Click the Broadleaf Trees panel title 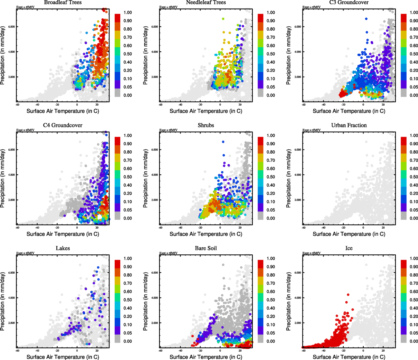(x=63, y=2)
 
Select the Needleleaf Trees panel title (x=206, y=2)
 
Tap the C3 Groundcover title (x=349, y=2)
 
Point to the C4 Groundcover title (x=63, y=125)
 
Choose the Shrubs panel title (x=206, y=125)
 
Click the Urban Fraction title (x=349, y=125)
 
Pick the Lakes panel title (x=63, y=248)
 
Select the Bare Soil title (x=206, y=248)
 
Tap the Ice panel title (x=349, y=248)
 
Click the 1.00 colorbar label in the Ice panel (x=414, y=258)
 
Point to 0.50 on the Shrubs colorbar (x=271, y=177)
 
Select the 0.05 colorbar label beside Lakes (x=128, y=333)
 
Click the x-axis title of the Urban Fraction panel (x=349, y=234)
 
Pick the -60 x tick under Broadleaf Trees (x=17, y=105)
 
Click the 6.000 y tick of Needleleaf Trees (x=155, y=27)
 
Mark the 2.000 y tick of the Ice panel (x=298, y=323)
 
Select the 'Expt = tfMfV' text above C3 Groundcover (x=311, y=7)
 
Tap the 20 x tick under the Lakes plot (x=97, y=351)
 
